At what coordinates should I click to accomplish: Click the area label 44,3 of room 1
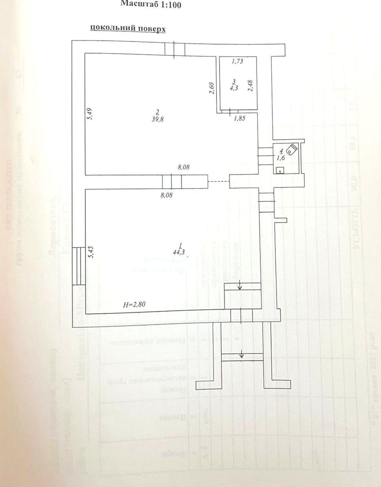[179, 252]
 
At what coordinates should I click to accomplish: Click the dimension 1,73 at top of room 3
[238, 61]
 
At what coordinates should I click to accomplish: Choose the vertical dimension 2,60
[211, 88]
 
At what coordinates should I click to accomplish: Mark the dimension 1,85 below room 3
[239, 118]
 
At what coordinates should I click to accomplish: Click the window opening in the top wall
[175, 48]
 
